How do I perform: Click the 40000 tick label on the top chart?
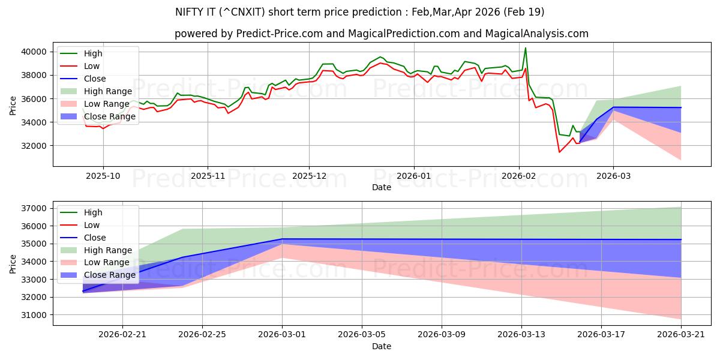(x=34, y=52)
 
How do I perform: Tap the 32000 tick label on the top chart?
(x=34, y=146)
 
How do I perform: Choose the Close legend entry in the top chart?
(x=95, y=79)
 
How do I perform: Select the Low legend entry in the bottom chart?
(x=92, y=224)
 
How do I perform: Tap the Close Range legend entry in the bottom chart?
(x=110, y=275)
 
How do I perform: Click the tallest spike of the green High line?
(x=526, y=48)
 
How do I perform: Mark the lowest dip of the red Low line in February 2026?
(x=559, y=152)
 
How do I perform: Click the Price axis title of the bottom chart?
(x=13, y=263)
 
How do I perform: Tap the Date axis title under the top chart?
(x=381, y=187)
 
